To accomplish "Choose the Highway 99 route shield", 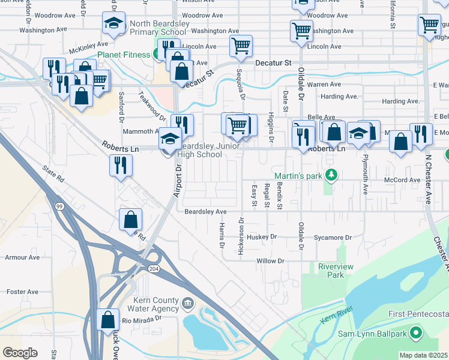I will (x=59, y=206).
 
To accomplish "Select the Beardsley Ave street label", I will (x=205, y=212).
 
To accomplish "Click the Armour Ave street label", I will (x=22, y=257).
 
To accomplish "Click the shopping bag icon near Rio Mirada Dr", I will (x=108, y=320).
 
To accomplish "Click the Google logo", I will (x=20, y=353).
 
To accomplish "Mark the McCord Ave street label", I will (x=403, y=180).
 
